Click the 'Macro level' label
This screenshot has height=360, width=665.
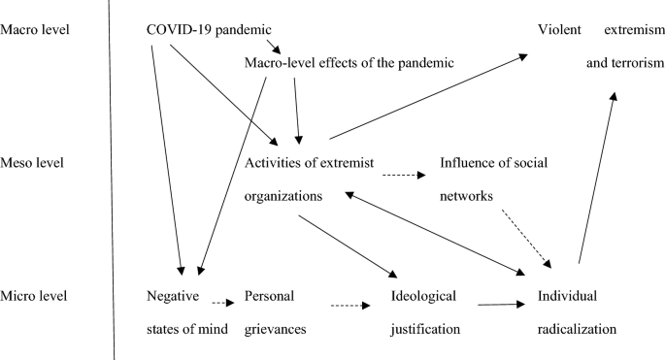36,29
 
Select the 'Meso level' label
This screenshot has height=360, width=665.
34,163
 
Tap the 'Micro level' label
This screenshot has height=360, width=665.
35,295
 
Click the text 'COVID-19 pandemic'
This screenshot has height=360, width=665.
207,30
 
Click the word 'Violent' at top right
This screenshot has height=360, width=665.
561,30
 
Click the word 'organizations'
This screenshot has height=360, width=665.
283,195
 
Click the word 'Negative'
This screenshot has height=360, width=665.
172,295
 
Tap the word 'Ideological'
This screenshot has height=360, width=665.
423,295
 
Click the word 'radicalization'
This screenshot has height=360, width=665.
576,329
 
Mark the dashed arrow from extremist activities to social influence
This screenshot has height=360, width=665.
402,177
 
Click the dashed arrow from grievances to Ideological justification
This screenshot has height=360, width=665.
350,308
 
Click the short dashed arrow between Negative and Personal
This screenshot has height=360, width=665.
224,303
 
